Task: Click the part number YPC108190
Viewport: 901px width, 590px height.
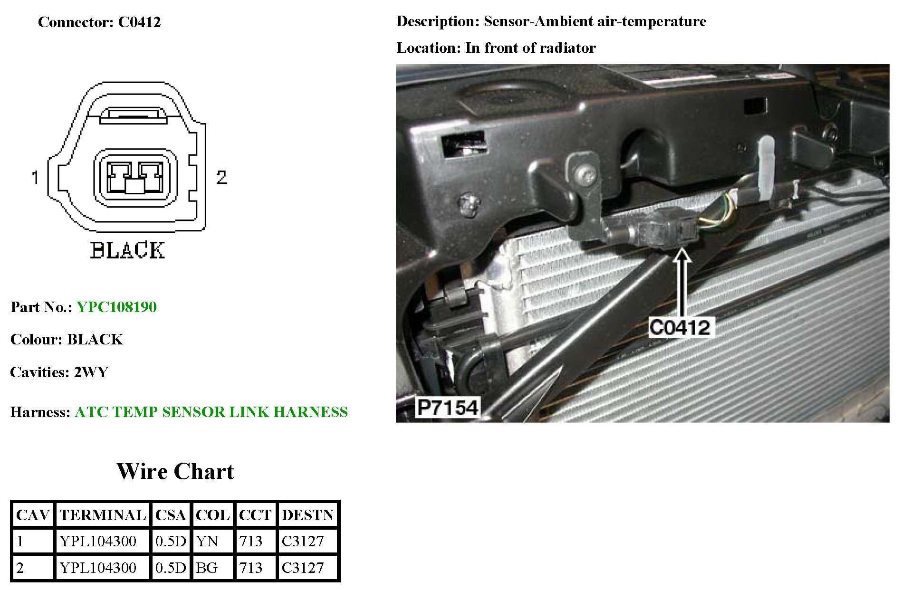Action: (x=116, y=307)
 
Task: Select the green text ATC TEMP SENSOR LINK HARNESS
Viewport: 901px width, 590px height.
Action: (x=211, y=412)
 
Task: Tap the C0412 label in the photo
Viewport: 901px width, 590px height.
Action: (x=680, y=327)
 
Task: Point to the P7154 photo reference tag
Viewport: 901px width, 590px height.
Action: (x=447, y=408)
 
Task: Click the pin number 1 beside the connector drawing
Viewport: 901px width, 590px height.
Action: (x=35, y=178)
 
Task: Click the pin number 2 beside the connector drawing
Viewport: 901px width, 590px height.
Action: (x=221, y=178)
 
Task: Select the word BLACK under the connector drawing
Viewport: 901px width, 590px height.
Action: (x=127, y=250)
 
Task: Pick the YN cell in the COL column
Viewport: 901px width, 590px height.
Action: (x=207, y=541)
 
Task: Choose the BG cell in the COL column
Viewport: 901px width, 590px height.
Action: (x=207, y=568)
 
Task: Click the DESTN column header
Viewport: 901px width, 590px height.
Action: (x=308, y=515)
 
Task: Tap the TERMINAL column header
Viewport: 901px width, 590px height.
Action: (x=103, y=515)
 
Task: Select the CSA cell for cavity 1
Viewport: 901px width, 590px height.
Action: (x=171, y=541)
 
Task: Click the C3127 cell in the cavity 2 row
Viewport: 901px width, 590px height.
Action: (x=303, y=568)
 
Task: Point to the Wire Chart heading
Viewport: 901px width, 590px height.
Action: (x=175, y=471)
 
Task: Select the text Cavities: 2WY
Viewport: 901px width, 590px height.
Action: (x=59, y=372)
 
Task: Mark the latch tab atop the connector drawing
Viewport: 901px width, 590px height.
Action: (x=134, y=114)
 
